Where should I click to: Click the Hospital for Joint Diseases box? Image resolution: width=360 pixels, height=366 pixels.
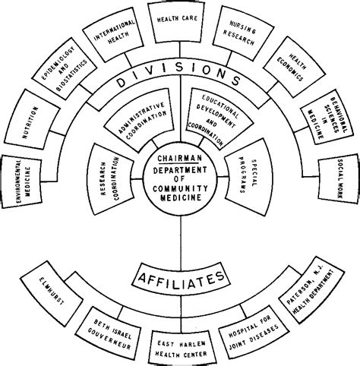[251, 328]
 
